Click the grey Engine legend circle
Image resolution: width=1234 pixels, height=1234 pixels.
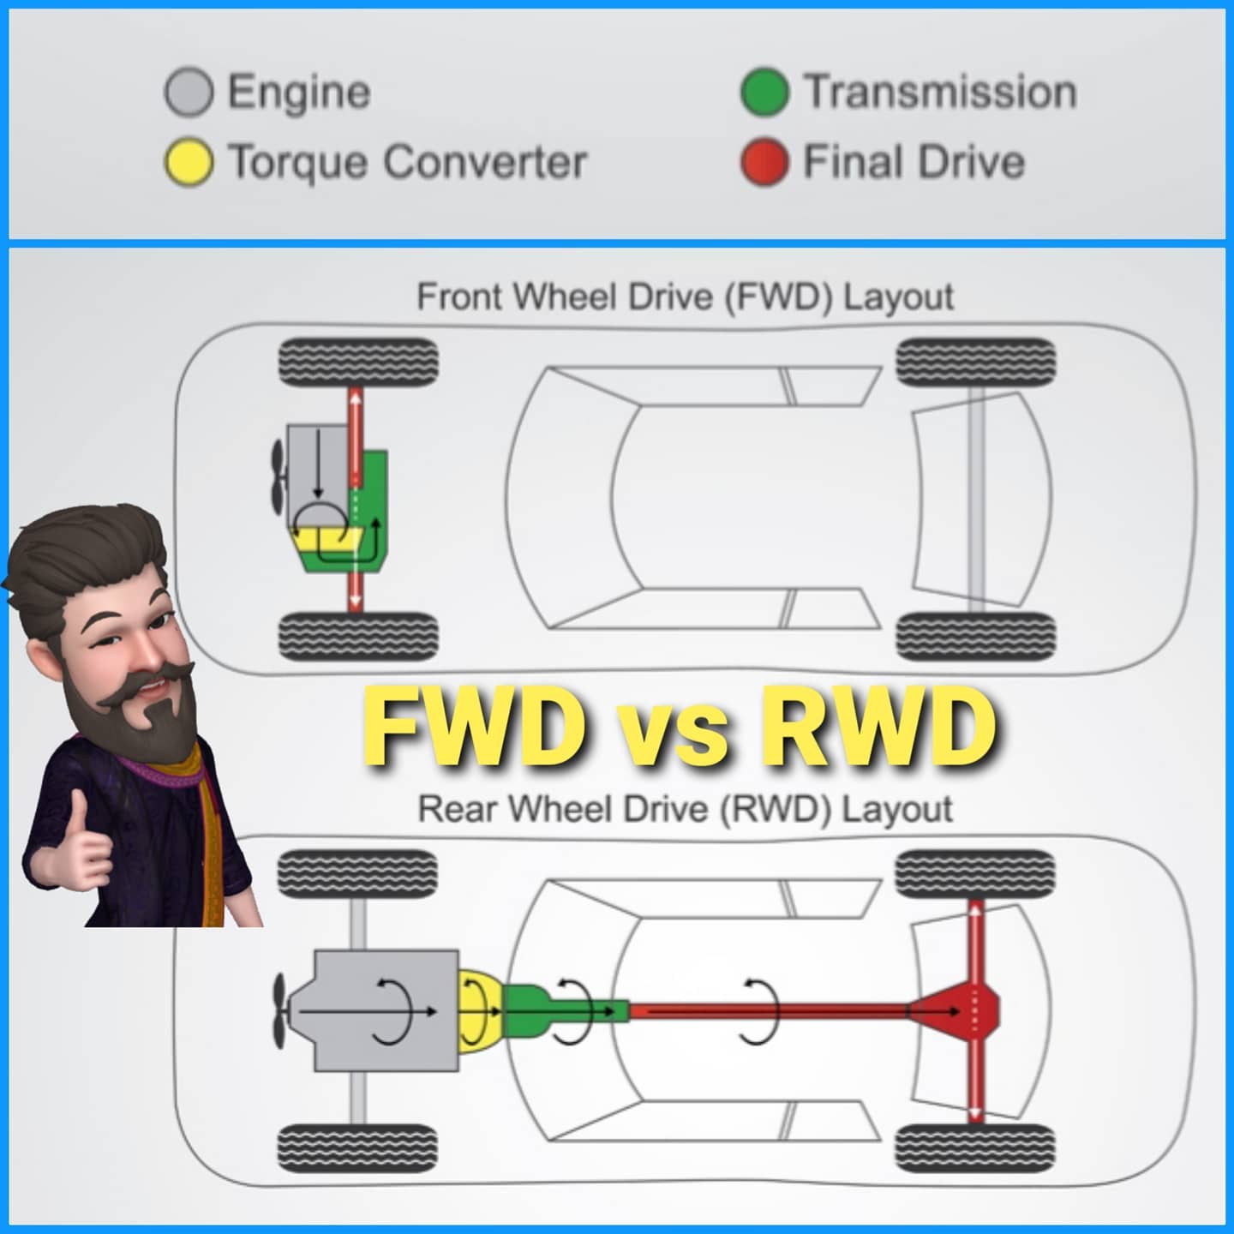tap(189, 93)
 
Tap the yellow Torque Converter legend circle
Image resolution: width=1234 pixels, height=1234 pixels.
tap(189, 162)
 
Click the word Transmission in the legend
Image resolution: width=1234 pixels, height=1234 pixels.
tap(940, 93)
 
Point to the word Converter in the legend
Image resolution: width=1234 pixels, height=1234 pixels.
tap(485, 162)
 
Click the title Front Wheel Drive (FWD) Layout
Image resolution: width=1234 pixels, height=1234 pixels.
tap(686, 297)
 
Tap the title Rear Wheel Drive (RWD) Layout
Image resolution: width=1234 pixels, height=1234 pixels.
tap(686, 809)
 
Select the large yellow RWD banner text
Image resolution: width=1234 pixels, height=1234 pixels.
tap(878, 726)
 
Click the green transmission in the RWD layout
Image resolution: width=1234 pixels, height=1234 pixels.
tap(564, 1011)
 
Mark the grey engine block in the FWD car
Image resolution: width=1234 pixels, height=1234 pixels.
tap(318, 474)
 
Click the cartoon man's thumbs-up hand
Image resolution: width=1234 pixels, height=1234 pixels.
tap(77, 844)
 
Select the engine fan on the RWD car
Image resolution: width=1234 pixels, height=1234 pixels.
tap(280, 1011)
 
